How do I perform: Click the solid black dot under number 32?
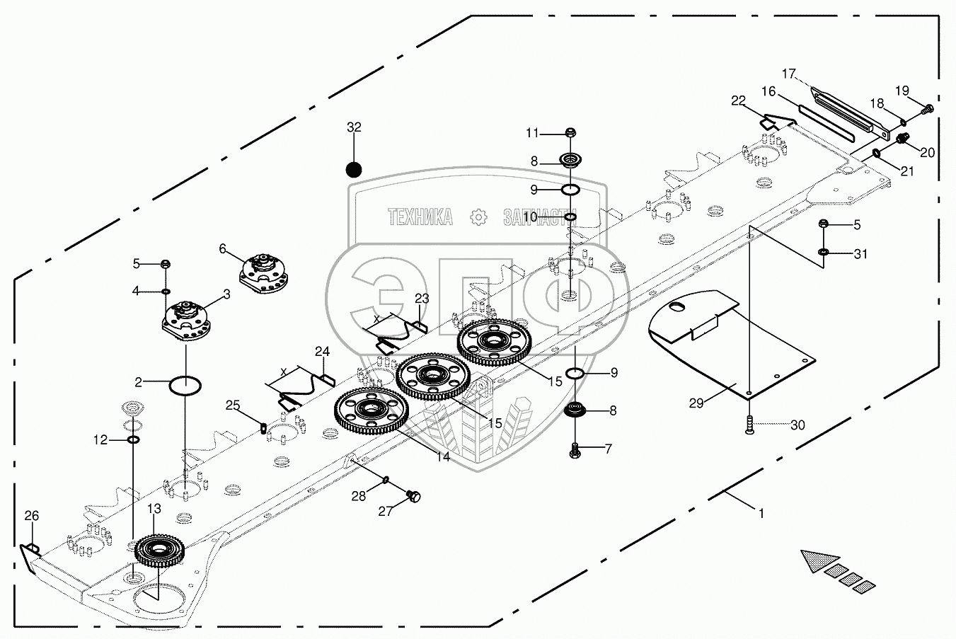354,170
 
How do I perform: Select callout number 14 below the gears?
443,457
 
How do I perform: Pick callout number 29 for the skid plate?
696,403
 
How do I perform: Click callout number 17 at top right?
789,74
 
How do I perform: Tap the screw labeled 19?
929,108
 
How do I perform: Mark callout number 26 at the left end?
31,515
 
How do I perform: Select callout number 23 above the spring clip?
422,298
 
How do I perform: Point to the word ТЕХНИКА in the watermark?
420,217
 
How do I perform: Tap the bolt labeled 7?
575,449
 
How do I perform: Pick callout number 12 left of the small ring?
100,440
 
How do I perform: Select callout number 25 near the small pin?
233,405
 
